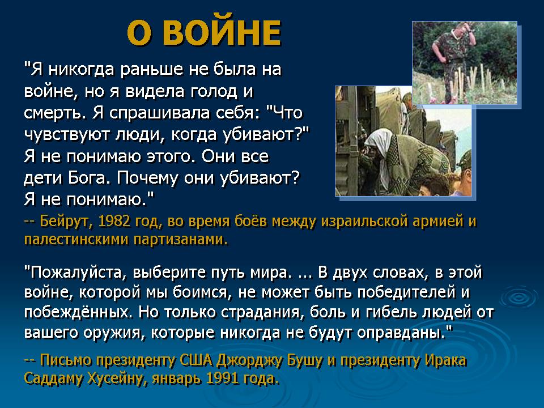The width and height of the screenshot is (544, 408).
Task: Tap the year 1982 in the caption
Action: pos(114,221)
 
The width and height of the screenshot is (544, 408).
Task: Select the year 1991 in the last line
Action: pos(222,378)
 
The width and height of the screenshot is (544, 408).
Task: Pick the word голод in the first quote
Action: pos(214,92)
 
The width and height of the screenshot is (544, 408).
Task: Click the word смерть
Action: pos(54,113)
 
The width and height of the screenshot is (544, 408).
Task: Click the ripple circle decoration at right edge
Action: pos(519,297)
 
